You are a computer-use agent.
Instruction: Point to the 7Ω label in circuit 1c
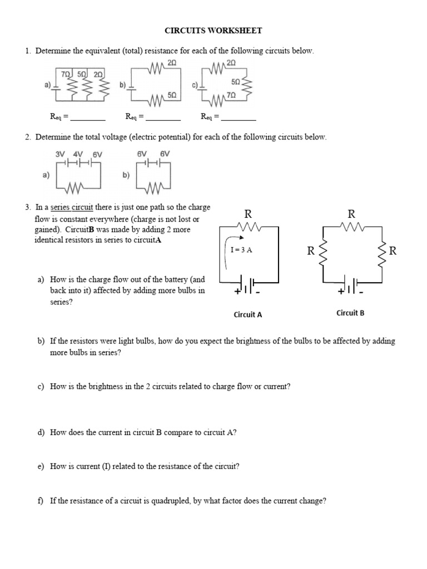pyautogui.click(x=232, y=96)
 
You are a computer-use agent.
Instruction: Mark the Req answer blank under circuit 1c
pyautogui.click(x=239, y=118)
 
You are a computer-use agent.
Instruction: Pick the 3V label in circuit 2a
pyautogui.click(x=61, y=153)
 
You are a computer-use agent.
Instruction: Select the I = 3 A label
pyautogui.click(x=241, y=250)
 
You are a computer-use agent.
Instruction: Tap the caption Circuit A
pyautogui.click(x=248, y=315)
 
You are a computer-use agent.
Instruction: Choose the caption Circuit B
pyautogui.click(x=350, y=313)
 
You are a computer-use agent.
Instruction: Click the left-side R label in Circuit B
pyautogui.click(x=311, y=251)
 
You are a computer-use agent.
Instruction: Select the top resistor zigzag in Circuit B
pyautogui.click(x=352, y=226)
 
